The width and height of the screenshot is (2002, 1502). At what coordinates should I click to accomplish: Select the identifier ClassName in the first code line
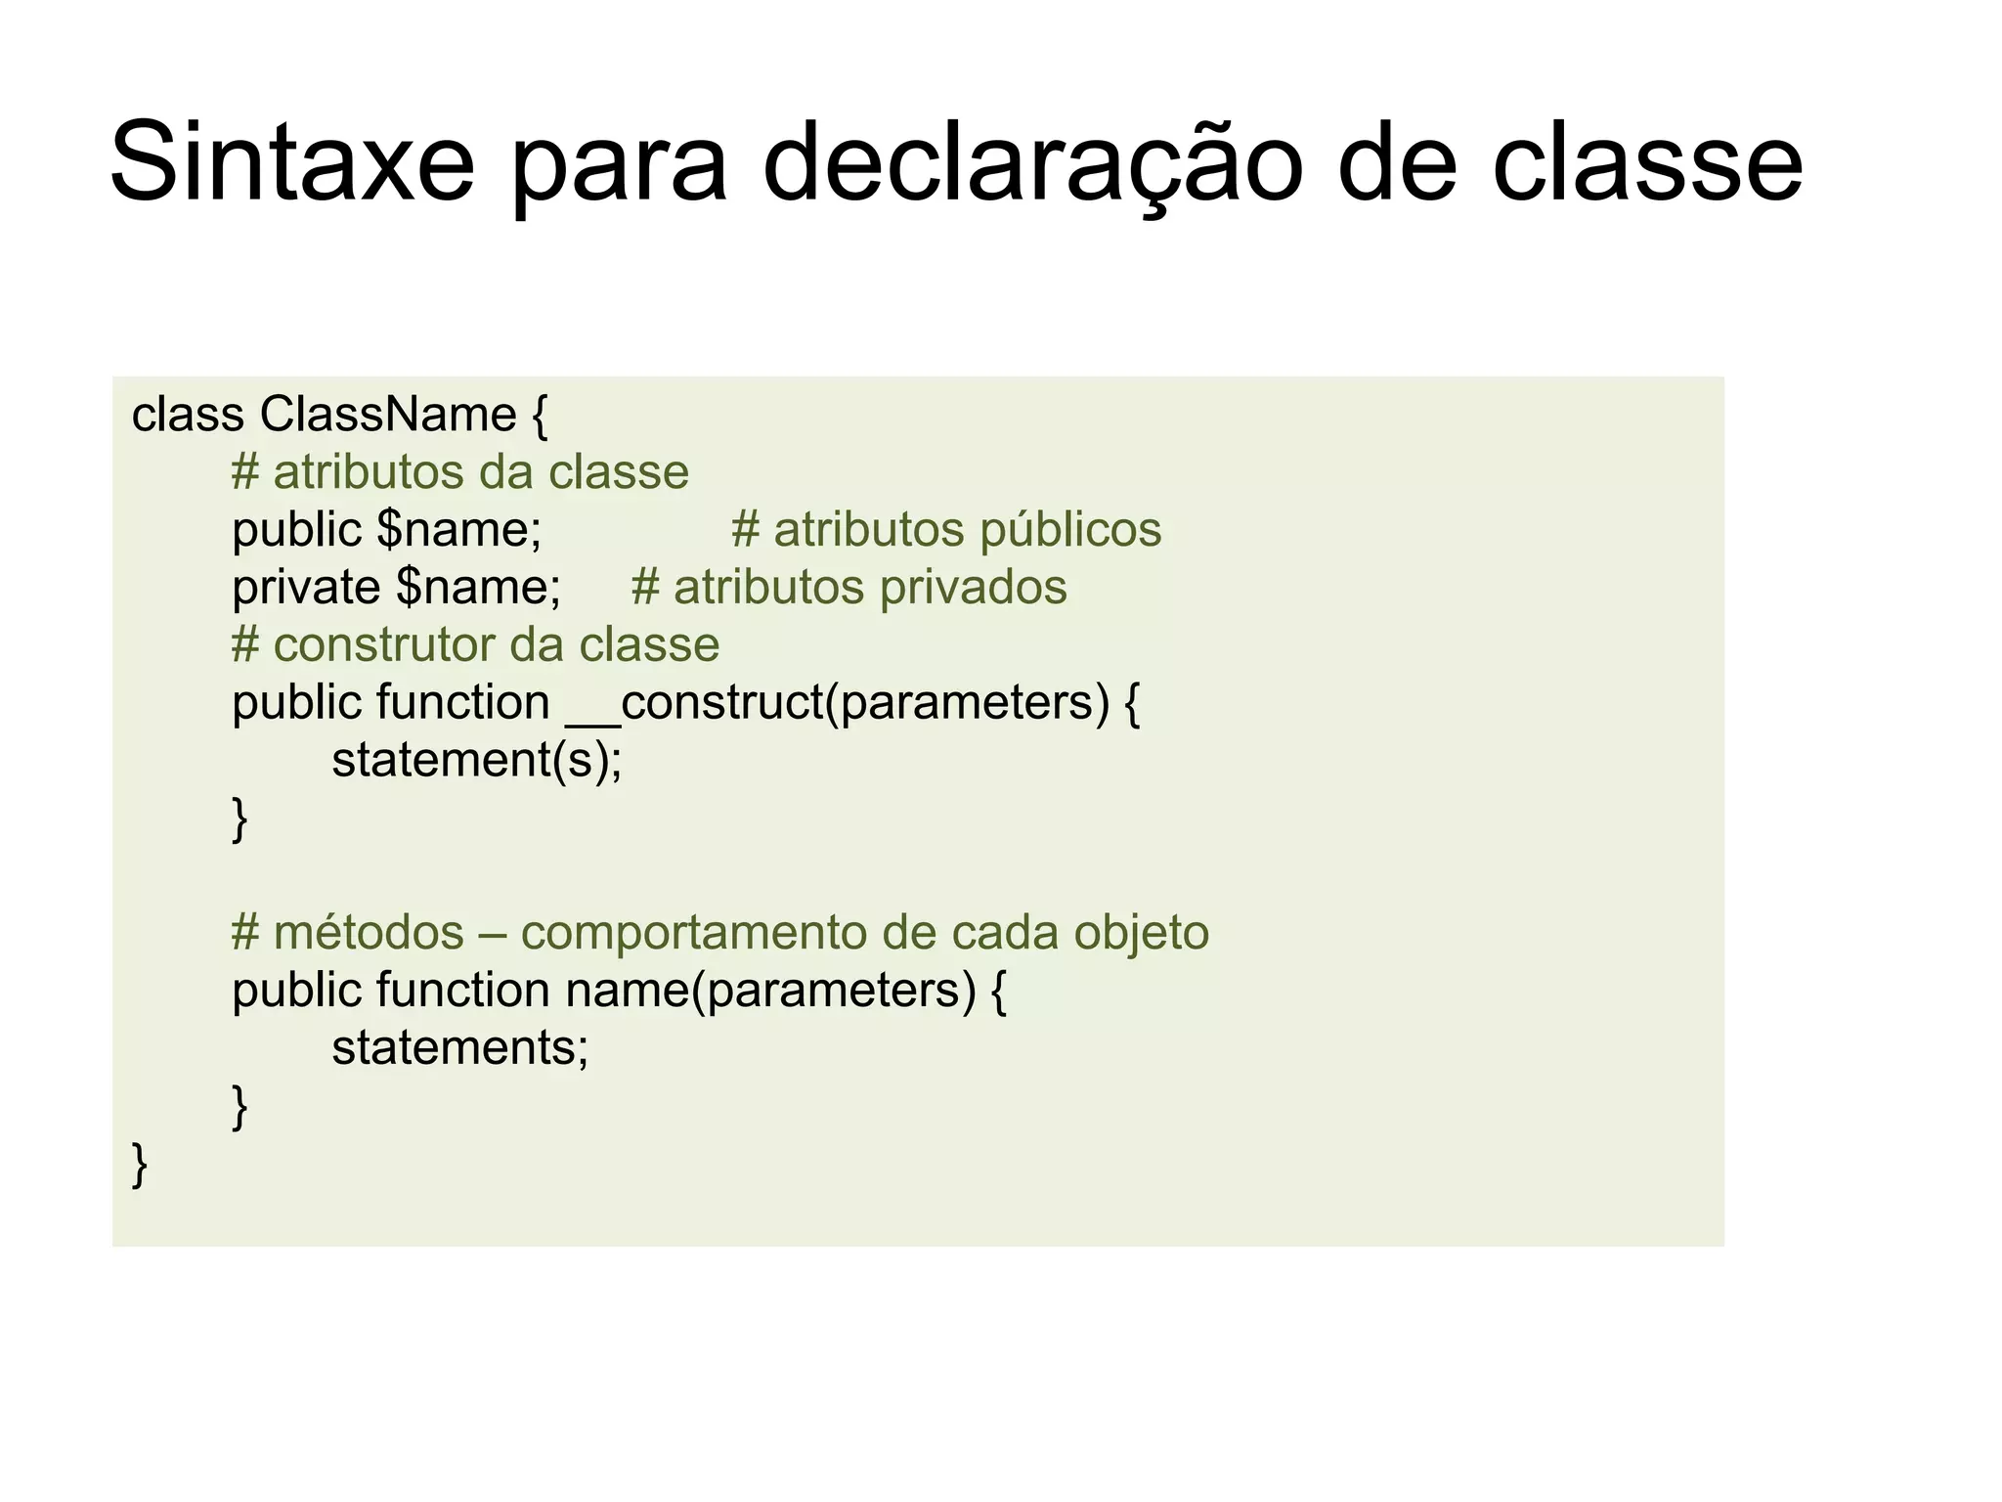pyautogui.click(x=387, y=415)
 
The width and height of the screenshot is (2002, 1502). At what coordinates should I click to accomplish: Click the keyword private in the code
pyautogui.click(x=306, y=588)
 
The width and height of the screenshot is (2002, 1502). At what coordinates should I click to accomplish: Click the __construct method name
pyautogui.click(x=695, y=703)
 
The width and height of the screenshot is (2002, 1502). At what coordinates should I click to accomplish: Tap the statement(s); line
pyautogui.click(x=476, y=761)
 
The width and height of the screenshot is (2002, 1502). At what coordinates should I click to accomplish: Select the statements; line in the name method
pyautogui.click(x=460, y=1048)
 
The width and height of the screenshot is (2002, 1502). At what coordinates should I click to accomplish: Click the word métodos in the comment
pyautogui.click(x=369, y=933)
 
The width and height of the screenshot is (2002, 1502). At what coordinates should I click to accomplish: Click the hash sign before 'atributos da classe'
pyautogui.click(x=244, y=473)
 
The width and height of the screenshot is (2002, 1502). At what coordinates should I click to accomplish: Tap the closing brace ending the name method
pyautogui.click(x=239, y=1107)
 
